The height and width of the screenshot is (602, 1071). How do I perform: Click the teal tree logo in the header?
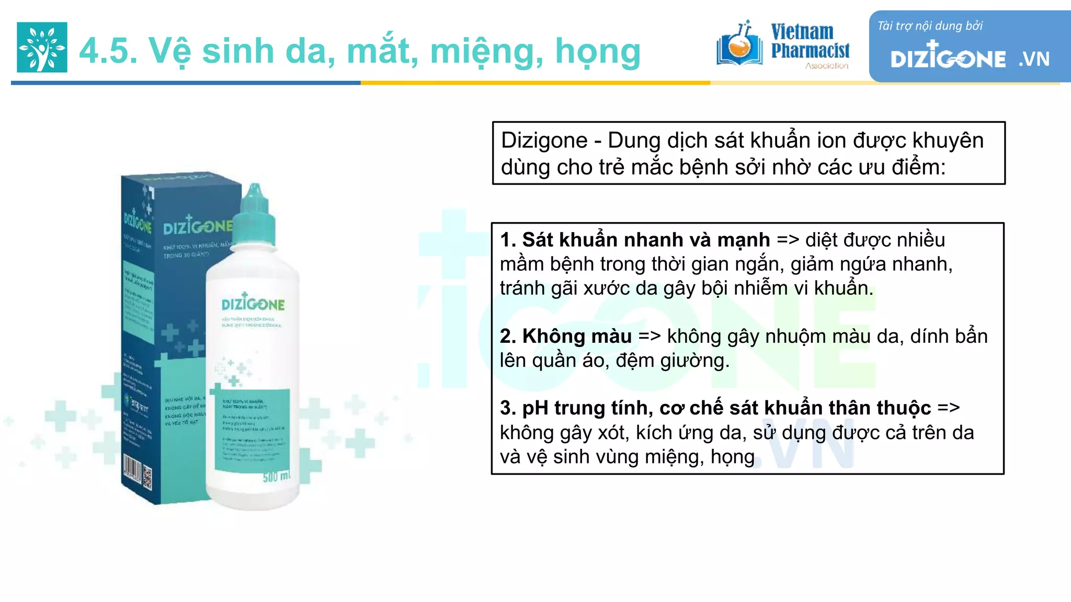[x=42, y=47]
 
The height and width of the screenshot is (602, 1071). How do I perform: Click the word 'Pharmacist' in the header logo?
[x=810, y=51]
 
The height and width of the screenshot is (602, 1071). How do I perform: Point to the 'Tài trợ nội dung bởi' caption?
[x=930, y=26]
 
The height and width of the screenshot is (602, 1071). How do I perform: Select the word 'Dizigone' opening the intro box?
[x=544, y=141]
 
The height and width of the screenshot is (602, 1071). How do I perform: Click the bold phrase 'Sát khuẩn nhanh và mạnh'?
[x=646, y=240]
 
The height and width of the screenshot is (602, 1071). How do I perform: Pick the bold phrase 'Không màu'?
[x=577, y=336]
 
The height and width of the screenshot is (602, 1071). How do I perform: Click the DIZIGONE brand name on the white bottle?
[x=253, y=304]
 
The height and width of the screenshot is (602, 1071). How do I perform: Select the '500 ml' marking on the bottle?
[x=276, y=477]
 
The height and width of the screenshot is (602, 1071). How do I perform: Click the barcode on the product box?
[x=131, y=469]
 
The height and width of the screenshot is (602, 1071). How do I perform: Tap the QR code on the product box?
[x=147, y=478]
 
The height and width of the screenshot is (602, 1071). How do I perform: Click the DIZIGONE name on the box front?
[x=197, y=227]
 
